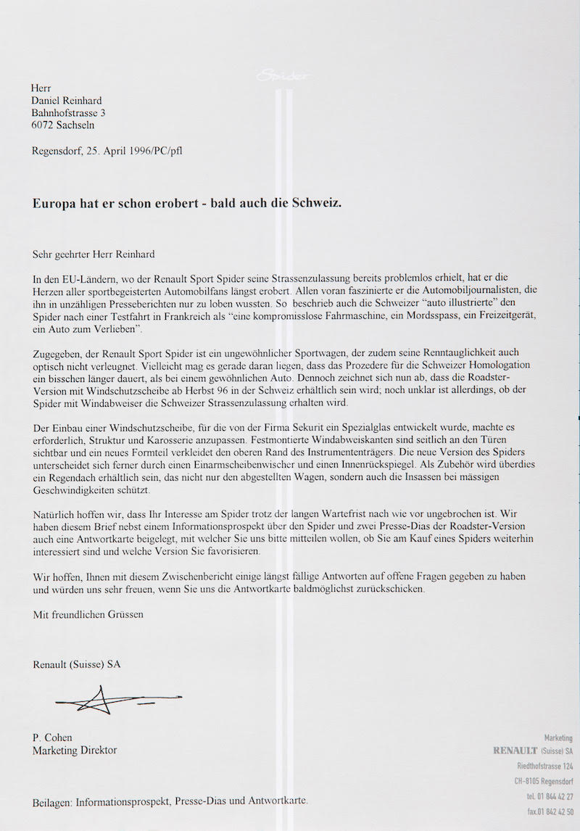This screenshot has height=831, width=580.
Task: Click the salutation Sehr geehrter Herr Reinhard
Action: (x=94, y=255)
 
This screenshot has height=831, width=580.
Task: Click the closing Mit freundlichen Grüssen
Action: (x=88, y=614)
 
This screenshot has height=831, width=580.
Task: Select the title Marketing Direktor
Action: (x=75, y=751)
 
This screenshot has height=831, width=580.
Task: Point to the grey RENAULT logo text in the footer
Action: (x=515, y=751)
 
